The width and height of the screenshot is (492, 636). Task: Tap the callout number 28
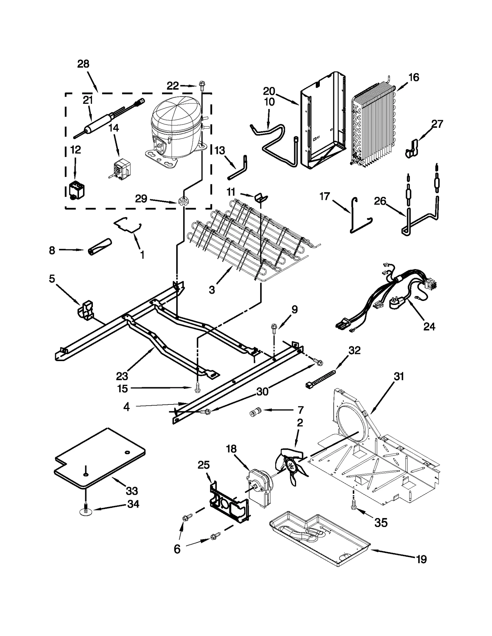tap(83, 64)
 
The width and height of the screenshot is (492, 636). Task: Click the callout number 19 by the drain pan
tap(421, 560)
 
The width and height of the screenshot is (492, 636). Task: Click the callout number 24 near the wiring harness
tap(429, 326)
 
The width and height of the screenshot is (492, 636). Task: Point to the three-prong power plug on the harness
tap(394, 304)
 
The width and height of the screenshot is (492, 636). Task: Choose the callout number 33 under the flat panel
tap(132, 491)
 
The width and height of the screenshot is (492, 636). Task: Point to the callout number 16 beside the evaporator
tap(414, 77)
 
